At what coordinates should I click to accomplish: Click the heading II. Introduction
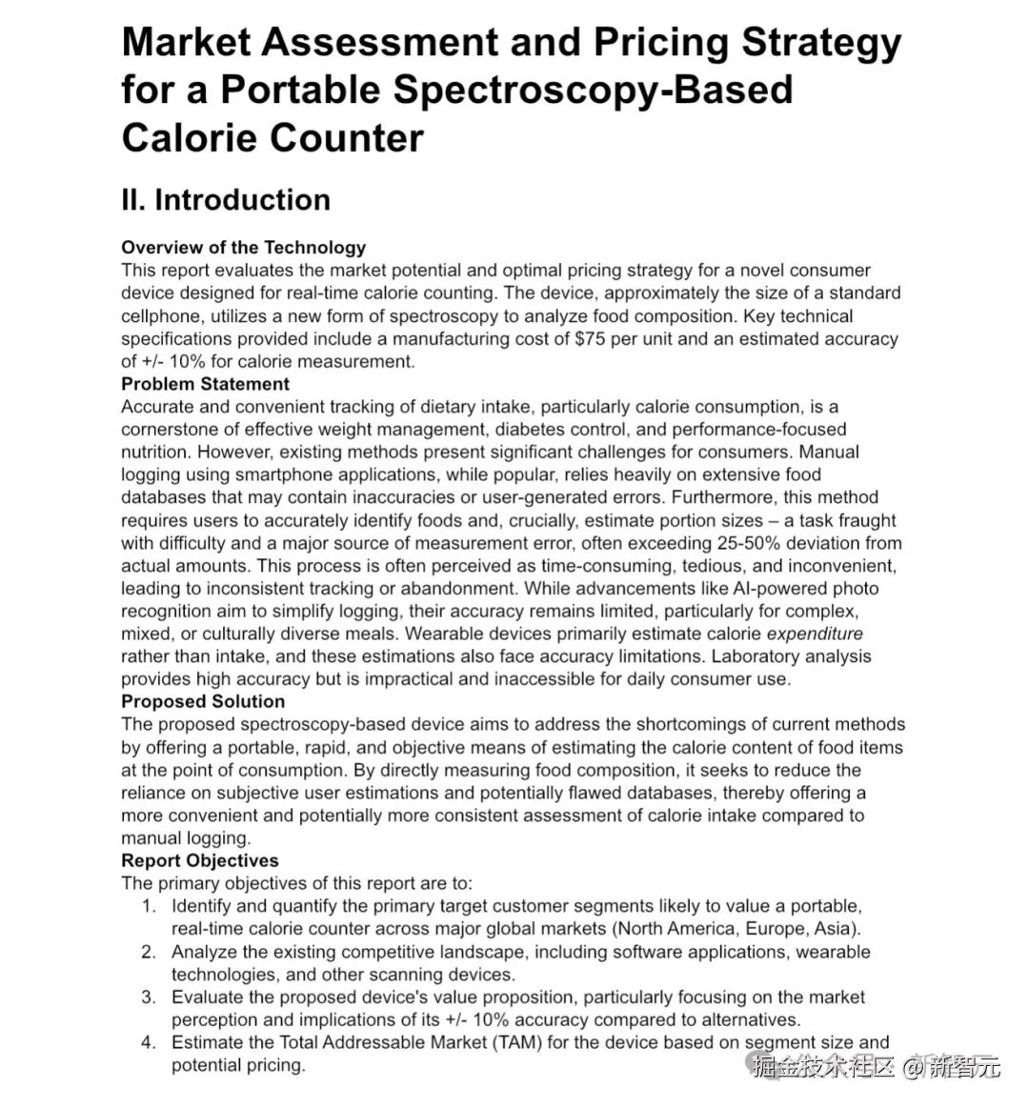226,200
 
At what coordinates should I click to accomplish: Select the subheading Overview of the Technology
243,248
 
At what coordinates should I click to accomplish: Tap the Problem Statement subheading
205,384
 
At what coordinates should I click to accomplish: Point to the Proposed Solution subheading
203,701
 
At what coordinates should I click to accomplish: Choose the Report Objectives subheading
200,860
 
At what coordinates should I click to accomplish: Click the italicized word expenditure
815,634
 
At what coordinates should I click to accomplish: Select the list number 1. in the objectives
149,906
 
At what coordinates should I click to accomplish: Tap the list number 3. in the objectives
149,997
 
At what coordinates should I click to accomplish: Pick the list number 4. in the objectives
149,1042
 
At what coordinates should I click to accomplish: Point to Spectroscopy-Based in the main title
593,90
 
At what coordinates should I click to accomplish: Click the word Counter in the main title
347,137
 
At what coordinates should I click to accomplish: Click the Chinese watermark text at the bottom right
877,1067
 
